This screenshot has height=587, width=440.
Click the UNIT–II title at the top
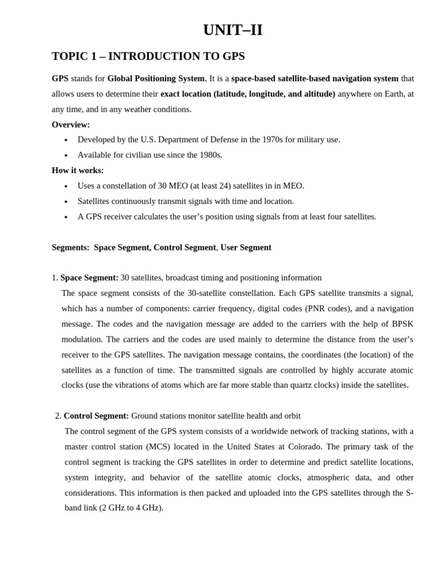coord(233,30)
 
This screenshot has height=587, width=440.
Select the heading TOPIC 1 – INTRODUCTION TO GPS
coord(148,56)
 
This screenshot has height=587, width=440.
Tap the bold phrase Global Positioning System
coord(156,79)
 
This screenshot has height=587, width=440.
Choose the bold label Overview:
coord(70,124)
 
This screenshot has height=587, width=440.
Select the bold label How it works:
coord(77,170)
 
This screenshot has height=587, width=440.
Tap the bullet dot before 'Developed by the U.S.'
coord(66,140)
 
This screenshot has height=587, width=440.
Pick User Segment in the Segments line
coord(246,248)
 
